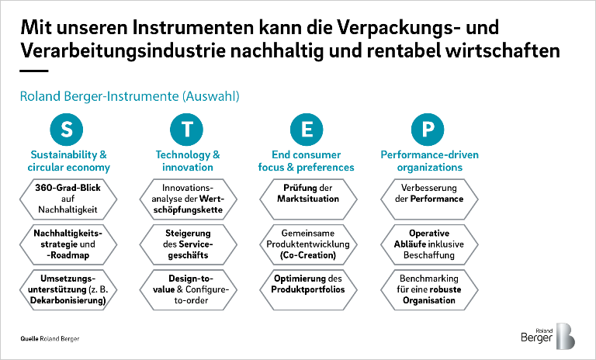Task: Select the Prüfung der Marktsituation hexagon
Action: (x=308, y=193)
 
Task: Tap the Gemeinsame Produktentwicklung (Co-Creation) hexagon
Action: (x=308, y=244)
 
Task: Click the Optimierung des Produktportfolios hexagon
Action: (x=308, y=284)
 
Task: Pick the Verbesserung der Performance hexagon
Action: (x=428, y=193)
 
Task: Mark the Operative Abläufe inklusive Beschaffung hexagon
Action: (x=428, y=244)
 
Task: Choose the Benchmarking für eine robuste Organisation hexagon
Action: (x=428, y=289)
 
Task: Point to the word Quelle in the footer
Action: (x=31, y=340)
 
